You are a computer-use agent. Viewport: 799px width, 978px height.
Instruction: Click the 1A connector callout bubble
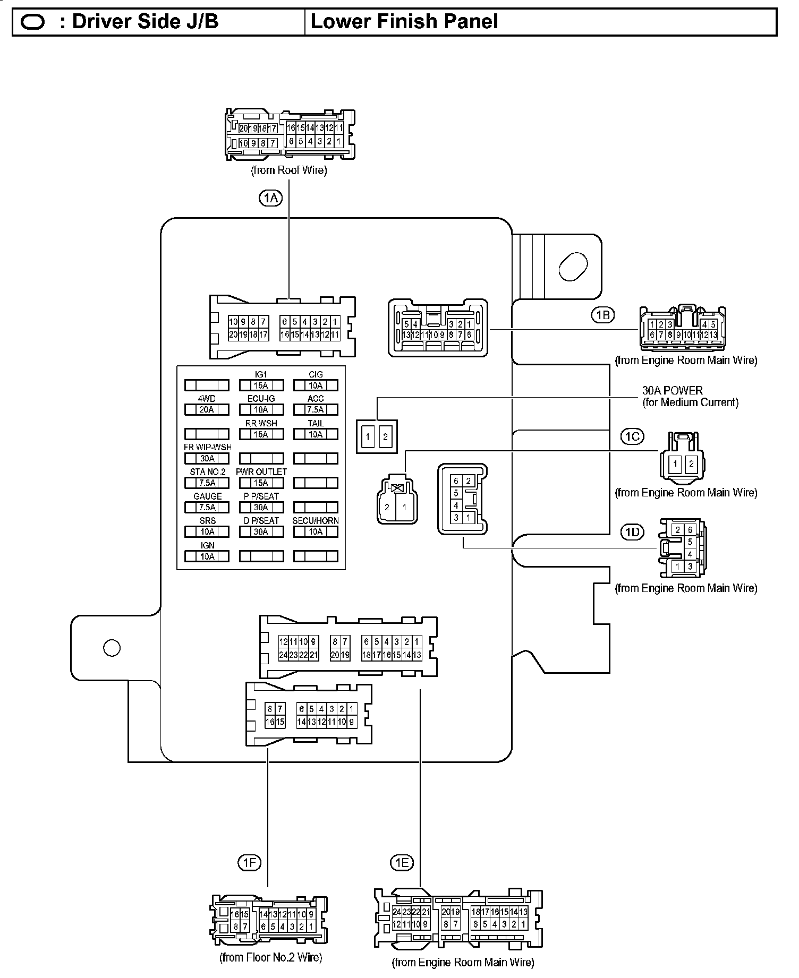270,199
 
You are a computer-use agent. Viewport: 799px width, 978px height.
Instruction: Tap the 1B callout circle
602,315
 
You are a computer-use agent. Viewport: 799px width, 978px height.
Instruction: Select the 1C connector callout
632,436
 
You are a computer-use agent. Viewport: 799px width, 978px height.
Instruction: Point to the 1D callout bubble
632,531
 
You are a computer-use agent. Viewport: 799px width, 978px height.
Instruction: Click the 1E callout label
402,863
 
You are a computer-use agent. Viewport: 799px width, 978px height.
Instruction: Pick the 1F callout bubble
249,863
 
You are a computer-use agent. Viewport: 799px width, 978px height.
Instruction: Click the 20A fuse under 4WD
207,409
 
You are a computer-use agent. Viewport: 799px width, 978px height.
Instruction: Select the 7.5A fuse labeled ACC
316,409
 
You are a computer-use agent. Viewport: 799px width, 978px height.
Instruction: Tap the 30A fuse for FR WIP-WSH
207,458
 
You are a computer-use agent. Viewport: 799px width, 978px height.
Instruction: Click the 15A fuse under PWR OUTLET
261,483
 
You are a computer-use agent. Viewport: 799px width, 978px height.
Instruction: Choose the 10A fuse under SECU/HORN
316,531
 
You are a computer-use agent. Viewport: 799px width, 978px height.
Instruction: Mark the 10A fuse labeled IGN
207,556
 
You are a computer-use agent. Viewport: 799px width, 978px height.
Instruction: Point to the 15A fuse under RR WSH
261,434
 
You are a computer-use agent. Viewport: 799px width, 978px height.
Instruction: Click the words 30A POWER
672,391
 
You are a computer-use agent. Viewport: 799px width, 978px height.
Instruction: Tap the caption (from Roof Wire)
288,170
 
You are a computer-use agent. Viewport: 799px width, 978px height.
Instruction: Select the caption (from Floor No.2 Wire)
270,957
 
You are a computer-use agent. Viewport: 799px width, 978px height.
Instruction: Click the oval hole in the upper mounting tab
573,267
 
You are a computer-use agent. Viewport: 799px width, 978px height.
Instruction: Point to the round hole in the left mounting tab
112,648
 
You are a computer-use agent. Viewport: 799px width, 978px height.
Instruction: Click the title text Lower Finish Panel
404,22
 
